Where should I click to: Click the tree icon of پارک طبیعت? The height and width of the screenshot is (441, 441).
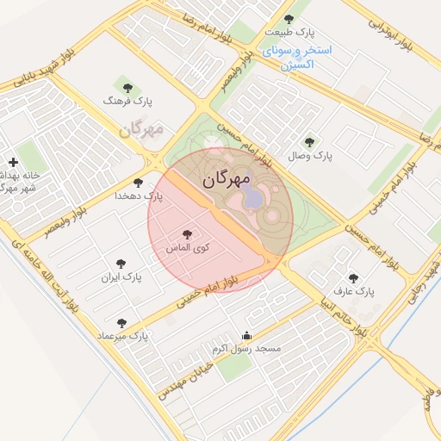tap(289, 19)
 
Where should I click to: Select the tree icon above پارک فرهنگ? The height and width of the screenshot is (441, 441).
tap(128, 87)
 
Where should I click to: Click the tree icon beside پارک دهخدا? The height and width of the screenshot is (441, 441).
tap(139, 183)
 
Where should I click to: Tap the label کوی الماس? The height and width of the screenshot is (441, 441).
tap(188, 247)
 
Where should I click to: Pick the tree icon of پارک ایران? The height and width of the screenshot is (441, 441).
tap(121, 264)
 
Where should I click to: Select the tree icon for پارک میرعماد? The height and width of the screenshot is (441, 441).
tap(121, 323)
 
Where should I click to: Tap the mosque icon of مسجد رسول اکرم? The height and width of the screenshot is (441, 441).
tap(248, 336)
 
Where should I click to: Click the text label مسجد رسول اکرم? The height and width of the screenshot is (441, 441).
tap(248, 349)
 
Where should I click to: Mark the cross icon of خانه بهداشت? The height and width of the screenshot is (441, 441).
tap(13, 162)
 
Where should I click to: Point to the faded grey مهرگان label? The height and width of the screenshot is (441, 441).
tap(141, 131)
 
